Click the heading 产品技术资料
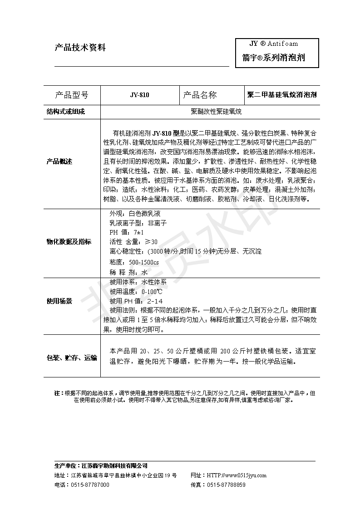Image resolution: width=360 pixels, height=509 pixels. click(80, 47)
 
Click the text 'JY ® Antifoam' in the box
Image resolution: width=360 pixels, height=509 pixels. click(274, 44)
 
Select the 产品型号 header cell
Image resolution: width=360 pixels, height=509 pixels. click(71, 95)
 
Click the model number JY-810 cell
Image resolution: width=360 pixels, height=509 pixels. click(139, 95)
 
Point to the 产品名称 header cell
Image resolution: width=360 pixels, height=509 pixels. click(200, 95)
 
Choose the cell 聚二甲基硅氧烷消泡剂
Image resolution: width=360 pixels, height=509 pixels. click(281, 95)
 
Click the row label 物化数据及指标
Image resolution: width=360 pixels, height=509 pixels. click(69, 241)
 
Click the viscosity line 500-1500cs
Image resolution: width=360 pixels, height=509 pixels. click(134, 262)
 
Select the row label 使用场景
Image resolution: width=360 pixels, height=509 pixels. click(59, 301)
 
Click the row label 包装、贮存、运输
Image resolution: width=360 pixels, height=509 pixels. click(72, 358)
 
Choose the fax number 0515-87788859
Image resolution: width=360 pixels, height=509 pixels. click(226, 485)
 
